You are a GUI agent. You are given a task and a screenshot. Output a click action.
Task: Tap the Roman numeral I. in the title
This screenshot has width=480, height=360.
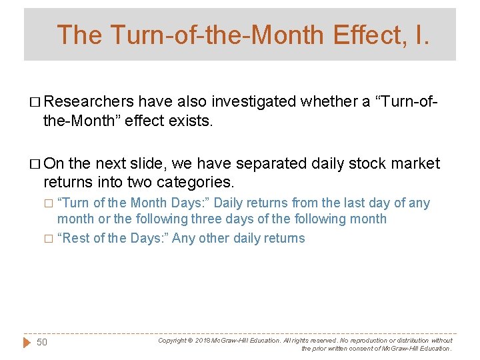click(423, 35)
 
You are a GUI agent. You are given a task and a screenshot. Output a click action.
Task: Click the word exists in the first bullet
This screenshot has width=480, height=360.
click(192, 121)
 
